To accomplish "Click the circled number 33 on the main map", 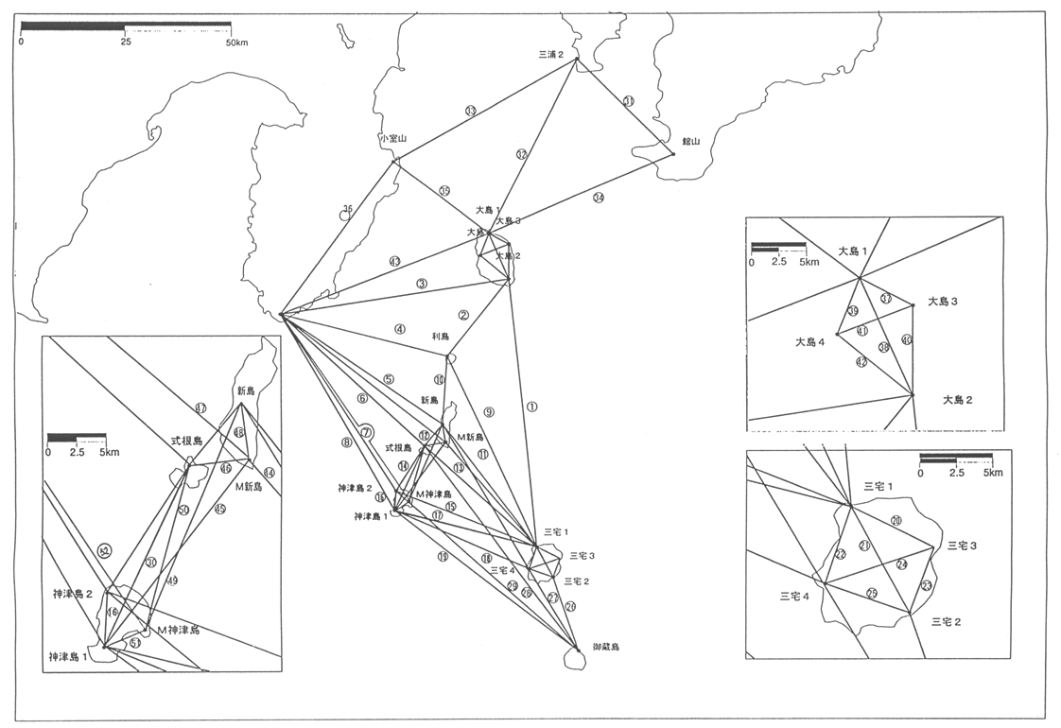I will tap(470, 111).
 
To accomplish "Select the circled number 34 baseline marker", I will tap(598, 197).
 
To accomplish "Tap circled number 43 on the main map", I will tap(394, 261).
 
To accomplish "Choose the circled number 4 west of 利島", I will tap(400, 329).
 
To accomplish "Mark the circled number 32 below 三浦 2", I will tap(521, 154).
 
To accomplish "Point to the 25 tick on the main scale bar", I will tap(126, 43).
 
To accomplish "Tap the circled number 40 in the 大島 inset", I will tap(907, 339).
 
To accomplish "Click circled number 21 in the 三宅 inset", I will tap(864, 546).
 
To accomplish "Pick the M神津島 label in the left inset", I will tap(178, 630).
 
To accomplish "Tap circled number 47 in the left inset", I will tap(200, 408).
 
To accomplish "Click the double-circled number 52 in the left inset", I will tap(105, 550).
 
